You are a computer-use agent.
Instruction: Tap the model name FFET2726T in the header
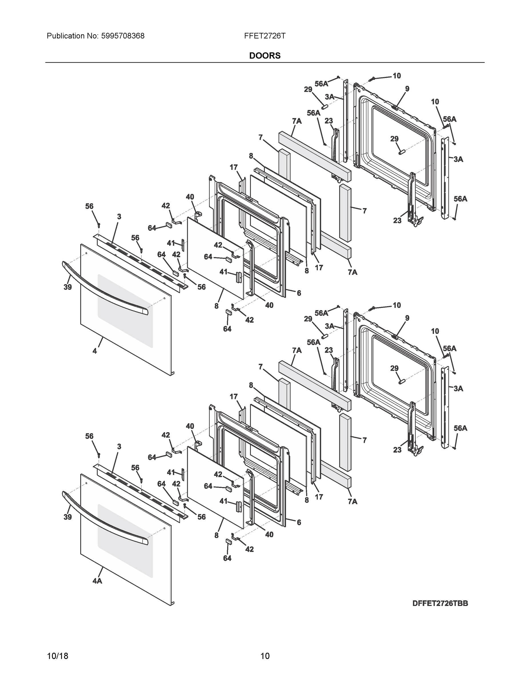pos(265,36)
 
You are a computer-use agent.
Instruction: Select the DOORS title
pos(265,56)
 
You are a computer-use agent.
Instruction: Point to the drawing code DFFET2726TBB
pos(440,603)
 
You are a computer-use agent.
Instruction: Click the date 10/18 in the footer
pos(57,656)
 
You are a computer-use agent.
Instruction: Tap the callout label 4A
pos(97,581)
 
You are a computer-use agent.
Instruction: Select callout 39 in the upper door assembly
pos(67,287)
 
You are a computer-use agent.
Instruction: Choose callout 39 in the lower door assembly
pos(67,517)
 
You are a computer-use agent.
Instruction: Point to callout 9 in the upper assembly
pos(407,89)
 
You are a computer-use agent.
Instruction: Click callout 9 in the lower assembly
pos(407,318)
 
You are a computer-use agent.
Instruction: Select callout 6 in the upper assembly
pos(299,293)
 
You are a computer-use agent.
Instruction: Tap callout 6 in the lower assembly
pos(299,522)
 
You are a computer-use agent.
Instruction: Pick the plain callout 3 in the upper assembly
pos(119,217)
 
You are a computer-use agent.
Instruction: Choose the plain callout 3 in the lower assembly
pos(119,446)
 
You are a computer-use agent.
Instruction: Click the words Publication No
pos(73,36)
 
